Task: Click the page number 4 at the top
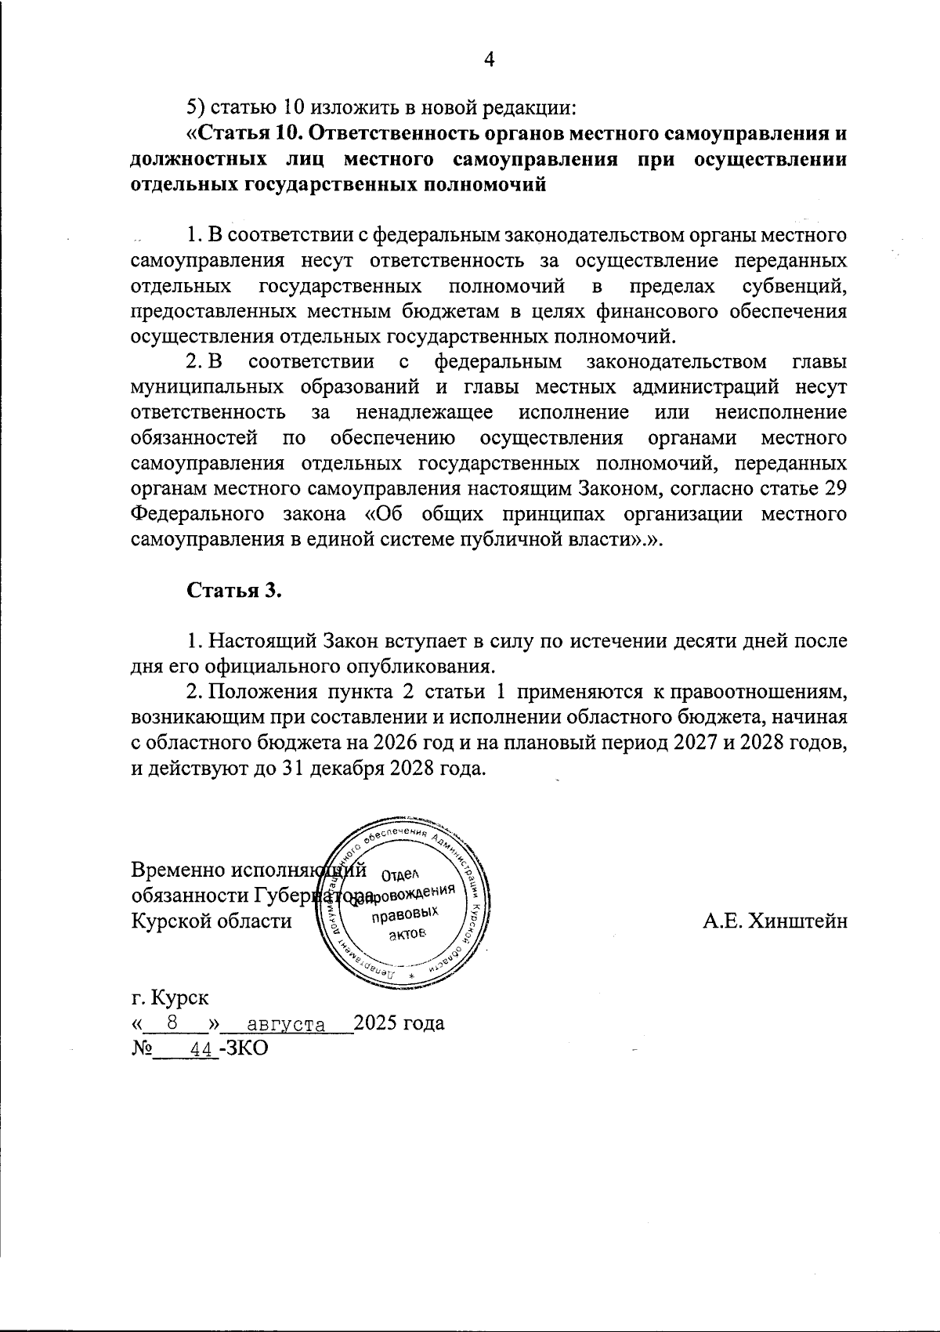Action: (490, 60)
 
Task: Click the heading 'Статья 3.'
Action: (233, 590)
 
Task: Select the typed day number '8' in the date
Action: (174, 1023)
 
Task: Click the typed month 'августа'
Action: (286, 1024)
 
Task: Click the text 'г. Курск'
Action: (170, 998)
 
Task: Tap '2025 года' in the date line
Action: (399, 1023)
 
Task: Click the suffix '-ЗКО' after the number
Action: (244, 1048)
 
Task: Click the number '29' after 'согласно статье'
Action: (834, 489)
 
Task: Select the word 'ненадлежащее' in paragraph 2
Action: (424, 412)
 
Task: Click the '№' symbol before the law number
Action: (142, 1049)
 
